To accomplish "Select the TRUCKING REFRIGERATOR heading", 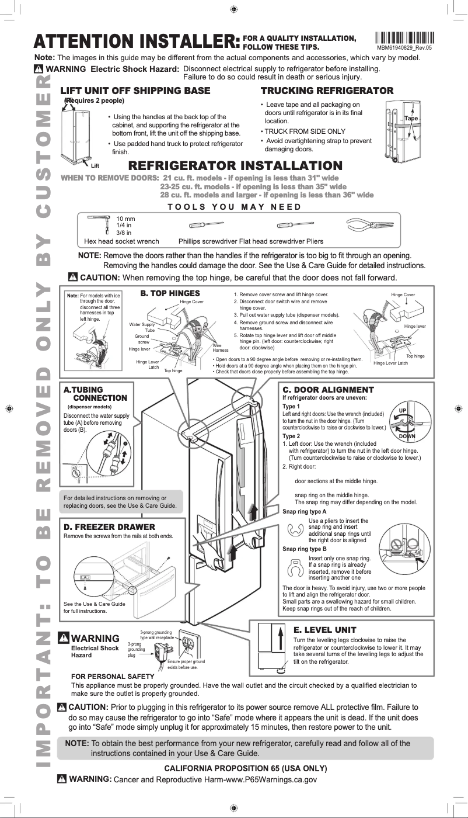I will (x=326, y=91).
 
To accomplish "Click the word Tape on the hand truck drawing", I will (x=411, y=119).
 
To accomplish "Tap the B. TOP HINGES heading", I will (x=170, y=293).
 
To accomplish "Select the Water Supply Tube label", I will (x=142, y=327).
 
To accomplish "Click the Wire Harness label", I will (x=221, y=348).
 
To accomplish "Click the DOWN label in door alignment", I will (x=407, y=436).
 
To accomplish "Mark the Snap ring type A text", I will (x=304, y=512).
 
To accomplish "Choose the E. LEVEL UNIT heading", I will (x=324, y=630).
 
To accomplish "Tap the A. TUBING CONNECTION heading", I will (x=95, y=394).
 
